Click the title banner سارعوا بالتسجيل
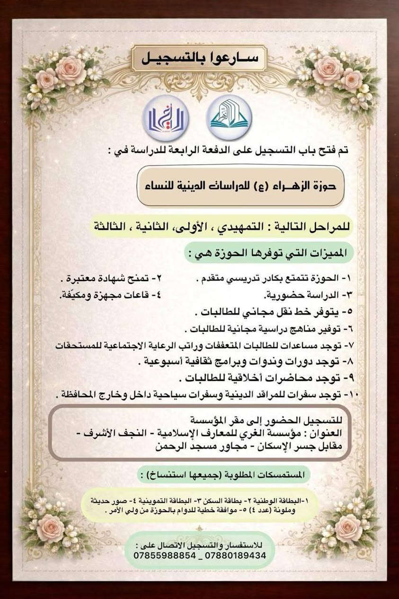(199, 59)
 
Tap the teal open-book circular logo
(229, 118)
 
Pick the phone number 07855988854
(164, 555)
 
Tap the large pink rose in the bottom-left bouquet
(50, 527)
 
